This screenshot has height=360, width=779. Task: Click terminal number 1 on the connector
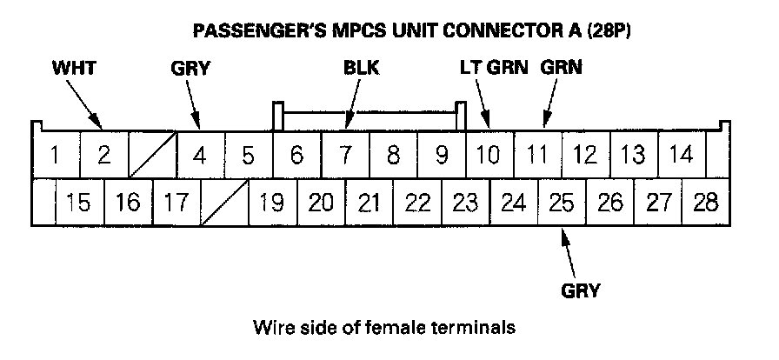[55, 157]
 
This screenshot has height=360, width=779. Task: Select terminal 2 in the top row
[103, 157]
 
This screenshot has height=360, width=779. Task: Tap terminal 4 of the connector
[200, 157]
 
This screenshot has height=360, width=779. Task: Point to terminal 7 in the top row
[345, 157]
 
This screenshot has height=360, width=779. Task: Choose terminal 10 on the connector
[489, 157]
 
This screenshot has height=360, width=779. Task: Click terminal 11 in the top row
[537, 157]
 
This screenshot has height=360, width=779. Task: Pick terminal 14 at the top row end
[682, 157]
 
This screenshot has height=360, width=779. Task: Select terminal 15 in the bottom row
[78, 203]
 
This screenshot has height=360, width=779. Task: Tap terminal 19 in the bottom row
[272, 203]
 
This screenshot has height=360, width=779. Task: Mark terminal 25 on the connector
[563, 203]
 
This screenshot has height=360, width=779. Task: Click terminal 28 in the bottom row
[706, 203]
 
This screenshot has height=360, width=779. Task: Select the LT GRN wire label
[493, 67]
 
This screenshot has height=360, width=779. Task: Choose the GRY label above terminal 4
[191, 67]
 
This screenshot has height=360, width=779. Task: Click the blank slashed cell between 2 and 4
[152, 157]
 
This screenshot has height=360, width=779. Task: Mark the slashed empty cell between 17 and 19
[224, 203]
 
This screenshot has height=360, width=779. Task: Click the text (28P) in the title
[604, 31]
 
